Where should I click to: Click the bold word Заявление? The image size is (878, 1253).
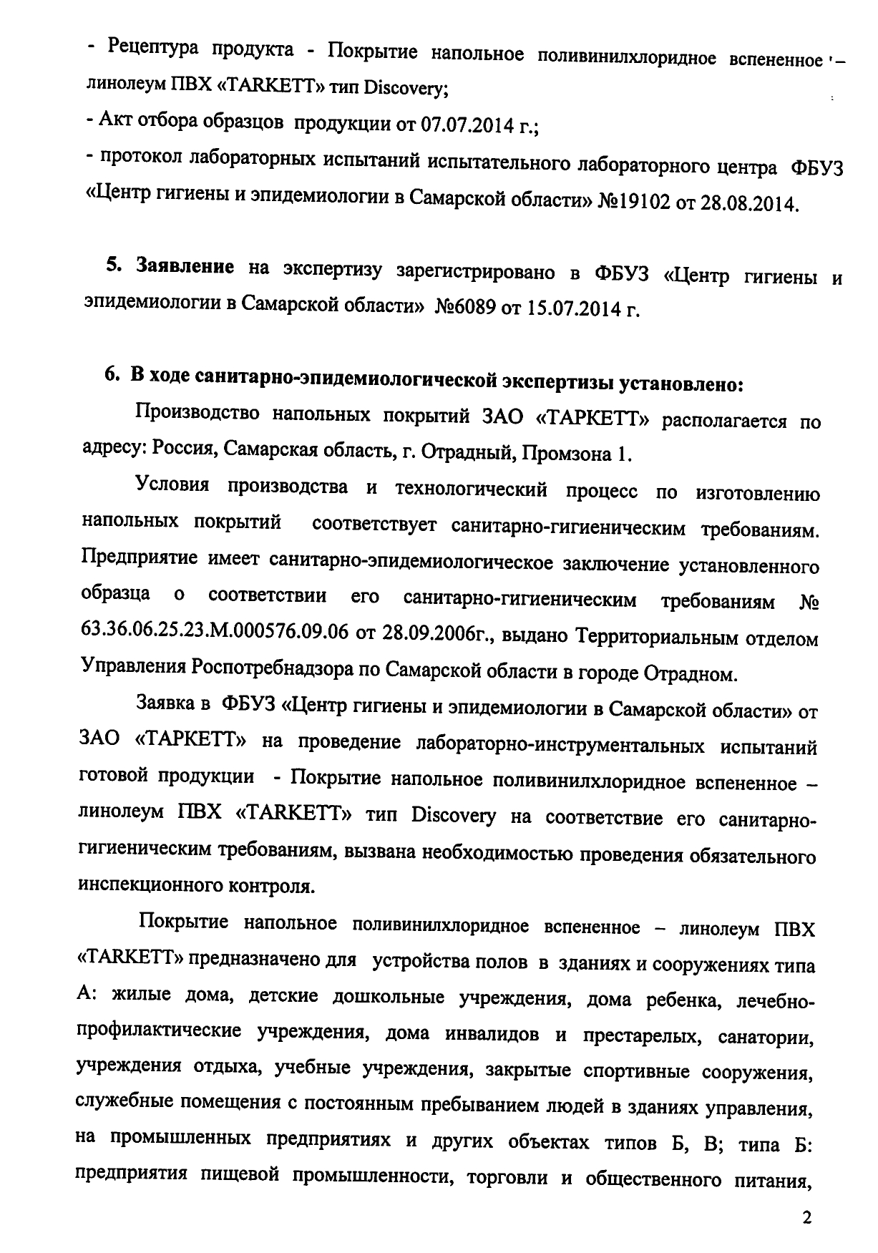(185, 268)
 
